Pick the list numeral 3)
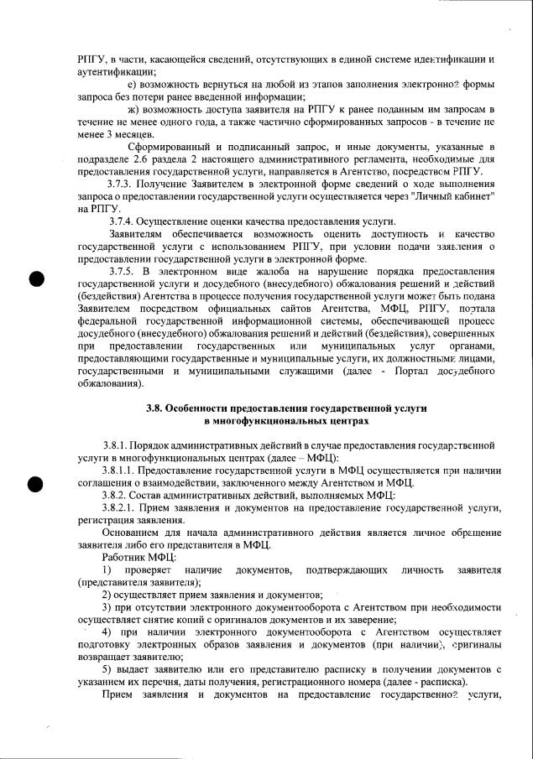[107, 606]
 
